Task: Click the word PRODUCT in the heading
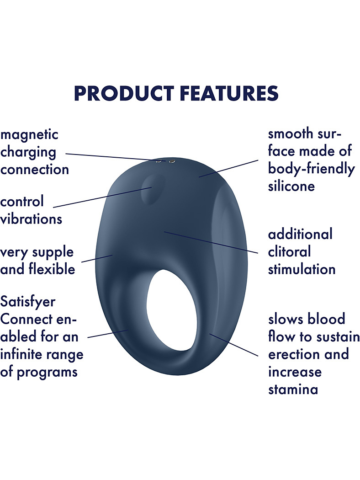(x=124, y=93)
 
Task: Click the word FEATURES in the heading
(x=229, y=93)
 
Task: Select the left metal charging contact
(x=159, y=161)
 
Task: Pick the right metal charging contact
(x=172, y=160)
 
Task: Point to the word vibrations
(x=31, y=219)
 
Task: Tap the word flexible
(x=52, y=269)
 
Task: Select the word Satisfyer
(x=28, y=302)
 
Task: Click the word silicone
(x=291, y=186)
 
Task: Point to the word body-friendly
(x=312, y=169)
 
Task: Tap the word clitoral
(x=289, y=252)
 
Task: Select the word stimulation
(x=302, y=269)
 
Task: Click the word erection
(x=293, y=354)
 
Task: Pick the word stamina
(x=293, y=389)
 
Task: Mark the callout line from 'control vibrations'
(x=103, y=197)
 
